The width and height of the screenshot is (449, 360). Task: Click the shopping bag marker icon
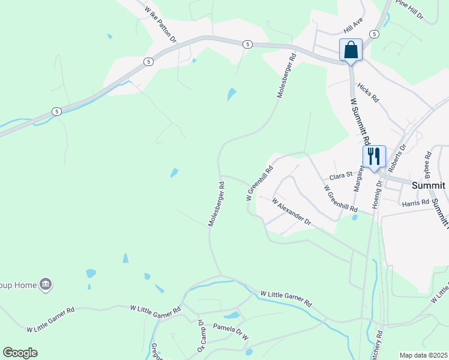(x=351, y=50)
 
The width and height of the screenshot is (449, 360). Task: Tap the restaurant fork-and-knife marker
(x=374, y=156)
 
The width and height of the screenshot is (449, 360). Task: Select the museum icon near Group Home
(x=45, y=284)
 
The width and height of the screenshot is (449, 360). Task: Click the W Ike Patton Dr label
(x=160, y=24)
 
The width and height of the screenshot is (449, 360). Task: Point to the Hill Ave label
(x=354, y=25)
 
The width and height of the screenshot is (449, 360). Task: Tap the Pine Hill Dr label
(x=410, y=10)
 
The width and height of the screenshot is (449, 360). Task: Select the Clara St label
(x=340, y=177)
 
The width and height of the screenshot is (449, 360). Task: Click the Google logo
(x=20, y=353)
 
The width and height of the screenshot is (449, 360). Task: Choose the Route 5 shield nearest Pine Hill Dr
(x=374, y=34)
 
